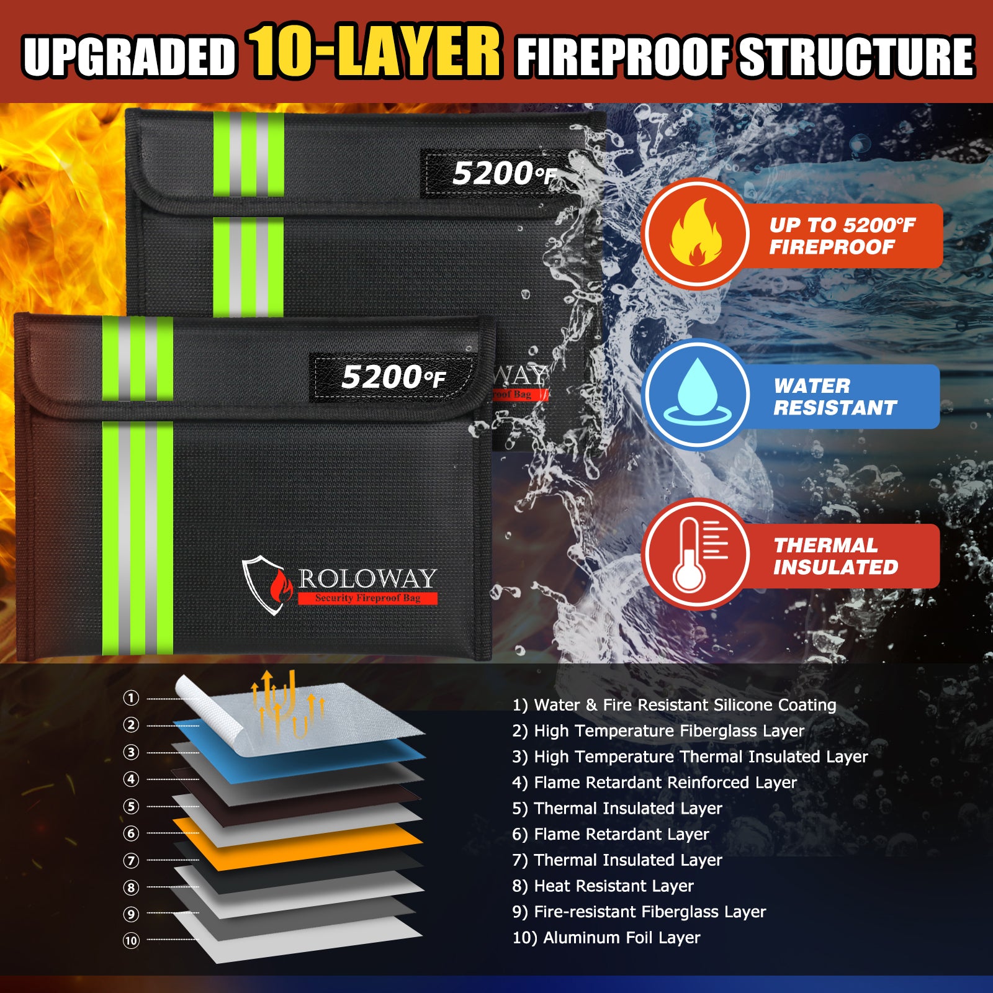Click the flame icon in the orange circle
click(696, 233)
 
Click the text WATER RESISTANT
click(835, 397)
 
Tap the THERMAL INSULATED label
click(835, 556)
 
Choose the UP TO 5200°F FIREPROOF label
click(842, 236)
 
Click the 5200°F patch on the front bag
click(393, 377)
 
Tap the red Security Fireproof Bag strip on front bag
click(367, 598)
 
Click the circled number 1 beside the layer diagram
click(131, 698)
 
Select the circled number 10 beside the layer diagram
click(131, 941)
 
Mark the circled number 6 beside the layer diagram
click(131, 833)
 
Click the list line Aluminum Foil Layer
click(606, 938)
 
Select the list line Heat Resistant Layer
click(603, 886)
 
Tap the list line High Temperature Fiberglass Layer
click(658, 731)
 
